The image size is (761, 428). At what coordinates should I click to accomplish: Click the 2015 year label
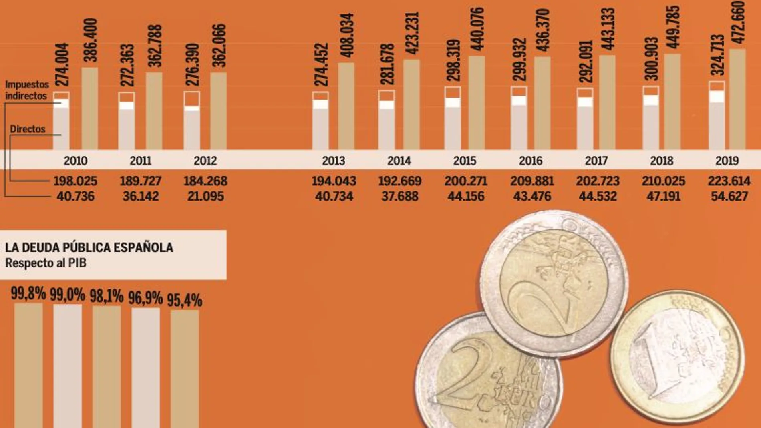465,161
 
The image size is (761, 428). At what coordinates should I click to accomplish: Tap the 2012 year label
205,161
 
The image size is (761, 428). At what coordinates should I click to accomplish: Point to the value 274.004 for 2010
62,65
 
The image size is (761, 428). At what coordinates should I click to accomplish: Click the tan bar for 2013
346,106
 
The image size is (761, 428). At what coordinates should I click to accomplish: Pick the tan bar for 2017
607,102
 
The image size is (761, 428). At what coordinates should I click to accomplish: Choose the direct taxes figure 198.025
75,181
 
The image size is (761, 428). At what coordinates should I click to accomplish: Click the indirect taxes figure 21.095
205,196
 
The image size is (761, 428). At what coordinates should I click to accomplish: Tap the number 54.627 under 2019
729,196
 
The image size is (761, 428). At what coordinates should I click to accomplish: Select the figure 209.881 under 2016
532,181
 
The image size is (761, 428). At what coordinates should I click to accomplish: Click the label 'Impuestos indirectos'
26,90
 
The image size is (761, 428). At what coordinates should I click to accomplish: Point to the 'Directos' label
28,129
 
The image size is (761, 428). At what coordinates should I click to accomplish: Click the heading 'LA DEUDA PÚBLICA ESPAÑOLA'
89,247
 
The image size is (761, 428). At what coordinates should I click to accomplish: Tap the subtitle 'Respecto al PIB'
46,263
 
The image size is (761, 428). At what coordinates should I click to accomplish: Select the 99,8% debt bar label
28,293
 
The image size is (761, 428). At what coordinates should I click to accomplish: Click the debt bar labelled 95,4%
185,368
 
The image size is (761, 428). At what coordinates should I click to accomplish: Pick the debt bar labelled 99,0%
68,366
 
